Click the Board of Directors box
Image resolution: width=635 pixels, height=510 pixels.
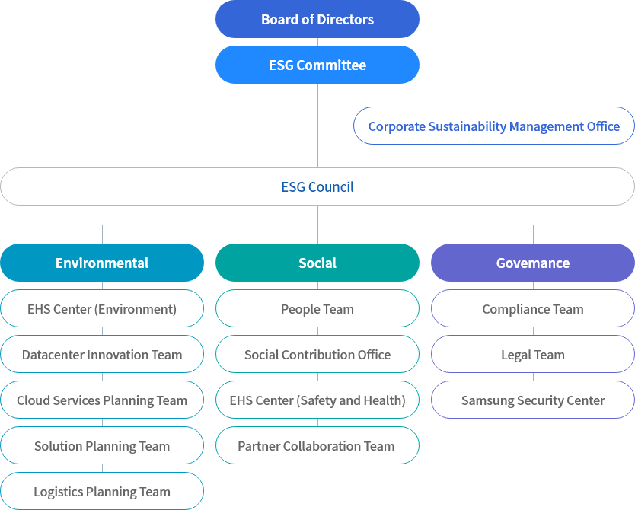click(x=317, y=19)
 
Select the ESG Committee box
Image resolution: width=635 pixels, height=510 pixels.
click(x=317, y=65)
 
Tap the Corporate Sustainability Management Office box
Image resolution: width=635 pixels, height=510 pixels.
click(x=493, y=126)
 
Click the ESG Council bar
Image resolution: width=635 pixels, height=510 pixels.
click(x=317, y=186)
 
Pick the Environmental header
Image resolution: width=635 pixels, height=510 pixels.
click(x=102, y=263)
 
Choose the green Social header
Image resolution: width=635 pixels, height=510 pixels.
click(x=317, y=263)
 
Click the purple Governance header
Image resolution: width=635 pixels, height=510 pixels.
click(x=533, y=263)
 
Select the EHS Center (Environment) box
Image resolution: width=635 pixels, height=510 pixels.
click(x=102, y=309)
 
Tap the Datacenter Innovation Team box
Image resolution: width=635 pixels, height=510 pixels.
click(x=102, y=355)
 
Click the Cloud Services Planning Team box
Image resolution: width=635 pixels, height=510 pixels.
click(x=102, y=400)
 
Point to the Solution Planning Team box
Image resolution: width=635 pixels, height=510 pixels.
click(x=102, y=446)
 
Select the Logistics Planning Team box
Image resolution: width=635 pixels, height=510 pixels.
click(x=102, y=492)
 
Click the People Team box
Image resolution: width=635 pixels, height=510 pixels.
click(x=317, y=309)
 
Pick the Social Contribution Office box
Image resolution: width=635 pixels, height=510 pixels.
click(x=317, y=355)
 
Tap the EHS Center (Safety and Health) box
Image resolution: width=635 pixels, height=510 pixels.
click(x=317, y=400)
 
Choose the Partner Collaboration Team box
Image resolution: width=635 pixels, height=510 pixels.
click(x=317, y=446)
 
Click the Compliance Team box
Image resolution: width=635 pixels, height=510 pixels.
click(x=533, y=309)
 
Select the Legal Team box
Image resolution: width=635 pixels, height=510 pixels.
click(x=533, y=355)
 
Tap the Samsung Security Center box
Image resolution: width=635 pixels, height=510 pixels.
click(x=533, y=400)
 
